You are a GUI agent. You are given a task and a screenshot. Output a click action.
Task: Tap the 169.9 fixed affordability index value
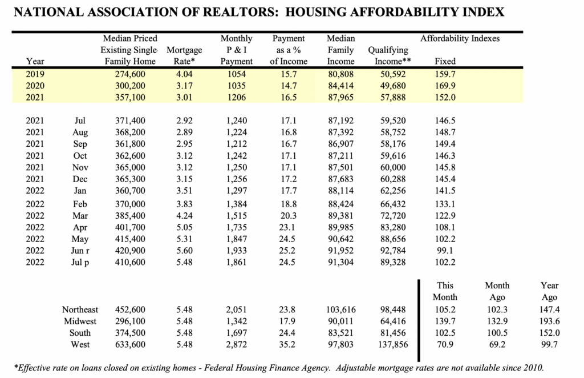445,86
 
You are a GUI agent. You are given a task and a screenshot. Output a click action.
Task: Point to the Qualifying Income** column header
392,55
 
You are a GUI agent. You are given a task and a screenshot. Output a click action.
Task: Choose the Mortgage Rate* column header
184,55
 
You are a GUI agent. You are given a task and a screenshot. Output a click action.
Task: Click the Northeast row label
80,309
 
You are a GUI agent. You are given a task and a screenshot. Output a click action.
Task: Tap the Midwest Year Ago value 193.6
550,321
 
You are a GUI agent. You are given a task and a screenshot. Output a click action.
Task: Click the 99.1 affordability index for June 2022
445,250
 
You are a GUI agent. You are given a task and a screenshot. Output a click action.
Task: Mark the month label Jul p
80,262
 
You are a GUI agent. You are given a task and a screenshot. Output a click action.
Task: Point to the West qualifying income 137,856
392,345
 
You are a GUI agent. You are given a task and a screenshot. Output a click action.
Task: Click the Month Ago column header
497,291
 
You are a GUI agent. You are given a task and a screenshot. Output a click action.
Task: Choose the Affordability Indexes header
460,38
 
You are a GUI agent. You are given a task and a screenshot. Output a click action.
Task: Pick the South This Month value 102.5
445,333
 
